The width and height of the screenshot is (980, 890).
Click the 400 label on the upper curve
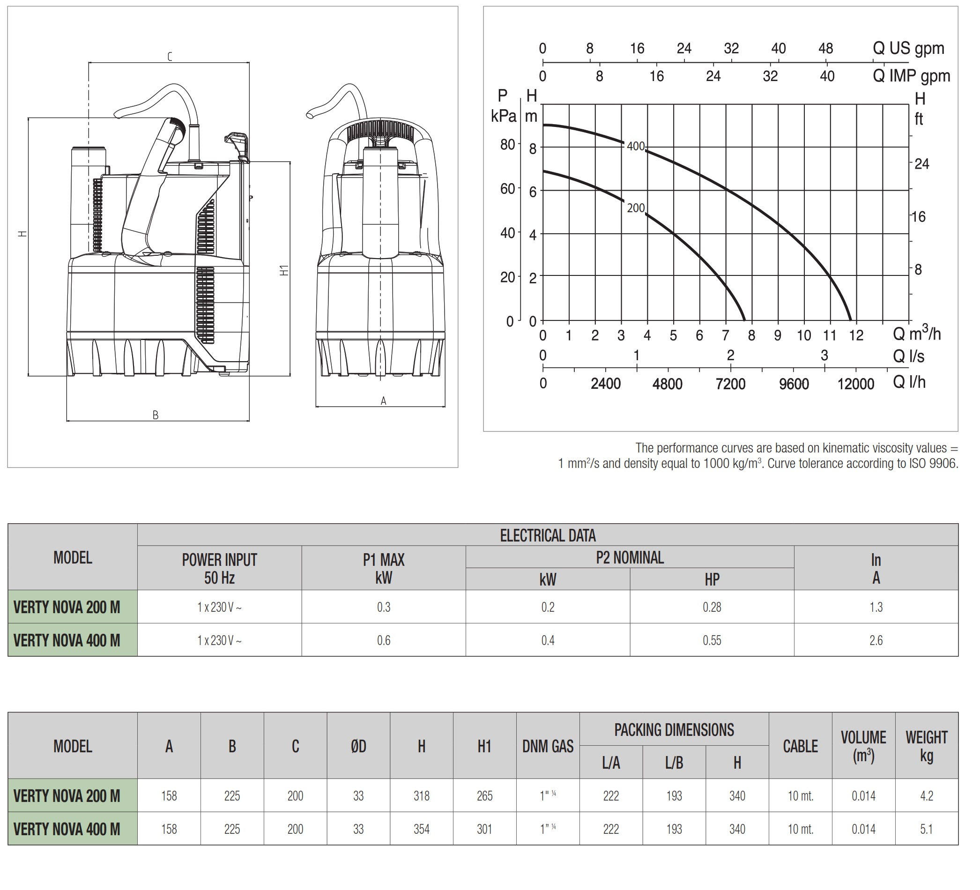pyautogui.click(x=635, y=146)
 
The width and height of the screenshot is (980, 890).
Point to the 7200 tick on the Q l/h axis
pyautogui.click(x=730, y=384)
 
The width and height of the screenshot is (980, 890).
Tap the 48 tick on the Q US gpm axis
pyautogui.click(x=825, y=49)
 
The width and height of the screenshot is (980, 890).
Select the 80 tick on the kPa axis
pyautogui.click(x=507, y=144)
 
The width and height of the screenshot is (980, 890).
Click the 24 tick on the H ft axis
pyautogui.click(x=921, y=164)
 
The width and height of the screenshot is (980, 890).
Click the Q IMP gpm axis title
pyautogui.click(x=911, y=76)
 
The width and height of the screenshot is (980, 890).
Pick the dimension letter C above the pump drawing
pyautogui.click(x=170, y=57)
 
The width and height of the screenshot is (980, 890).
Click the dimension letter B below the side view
pyautogui.click(x=156, y=415)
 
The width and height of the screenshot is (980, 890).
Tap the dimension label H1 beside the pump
pyautogui.click(x=284, y=270)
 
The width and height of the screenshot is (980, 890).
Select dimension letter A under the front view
pyautogui.click(x=383, y=401)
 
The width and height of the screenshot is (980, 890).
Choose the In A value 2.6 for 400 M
pyautogui.click(x=876, y=640)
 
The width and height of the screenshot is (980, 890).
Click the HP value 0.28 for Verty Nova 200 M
pyautogui.click(x=712, y=607)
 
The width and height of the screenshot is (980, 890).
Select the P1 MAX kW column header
pyautogui.click(x=384, y=568)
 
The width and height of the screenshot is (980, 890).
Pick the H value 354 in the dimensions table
pyautogui.click(x=422, y=829)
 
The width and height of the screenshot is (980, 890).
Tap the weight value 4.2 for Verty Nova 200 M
pyautogui.click(x=926, y=796)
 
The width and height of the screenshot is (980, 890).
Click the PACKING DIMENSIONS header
pyautogui.click(x=674, y=730)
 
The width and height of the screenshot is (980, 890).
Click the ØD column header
pyautogui.click(x=358, y=746)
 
